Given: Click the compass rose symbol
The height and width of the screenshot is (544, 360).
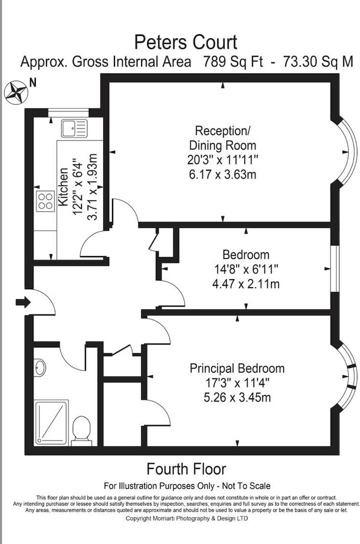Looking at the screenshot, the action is tap(16, 92).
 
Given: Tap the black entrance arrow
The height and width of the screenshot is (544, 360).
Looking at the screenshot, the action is tap(23, 302).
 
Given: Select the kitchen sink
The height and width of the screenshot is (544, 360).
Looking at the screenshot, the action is tap(74, 128).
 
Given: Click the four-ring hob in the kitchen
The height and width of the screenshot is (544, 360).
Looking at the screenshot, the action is tap(46, 201).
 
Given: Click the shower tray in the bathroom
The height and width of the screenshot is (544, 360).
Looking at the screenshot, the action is tap(51, 422).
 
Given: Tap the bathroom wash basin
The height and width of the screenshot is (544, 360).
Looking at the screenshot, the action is tap(40, 368).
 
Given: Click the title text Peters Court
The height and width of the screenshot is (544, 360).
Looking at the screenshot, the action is tap(186, 42).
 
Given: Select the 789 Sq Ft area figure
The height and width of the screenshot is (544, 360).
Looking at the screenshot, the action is tap(233, 62).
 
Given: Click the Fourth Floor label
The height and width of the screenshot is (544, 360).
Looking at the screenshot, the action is tap(187, 469).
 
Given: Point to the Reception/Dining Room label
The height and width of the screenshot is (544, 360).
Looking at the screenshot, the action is tap(222, 138).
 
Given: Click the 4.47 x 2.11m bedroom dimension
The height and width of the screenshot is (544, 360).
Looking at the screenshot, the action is tap(246, 284).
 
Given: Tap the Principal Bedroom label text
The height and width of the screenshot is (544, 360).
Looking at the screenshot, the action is tap(237, 368).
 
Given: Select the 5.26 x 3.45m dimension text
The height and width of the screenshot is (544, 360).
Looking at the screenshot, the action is tap(237, 397).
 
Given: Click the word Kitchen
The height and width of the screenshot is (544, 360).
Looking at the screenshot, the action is tap(63, 187).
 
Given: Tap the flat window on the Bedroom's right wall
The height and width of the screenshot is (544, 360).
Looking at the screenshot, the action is tap(335, 268).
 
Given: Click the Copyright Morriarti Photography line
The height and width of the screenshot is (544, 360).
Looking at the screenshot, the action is tap(187, 518).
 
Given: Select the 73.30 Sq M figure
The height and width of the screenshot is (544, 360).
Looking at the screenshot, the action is tap(318, 62).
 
